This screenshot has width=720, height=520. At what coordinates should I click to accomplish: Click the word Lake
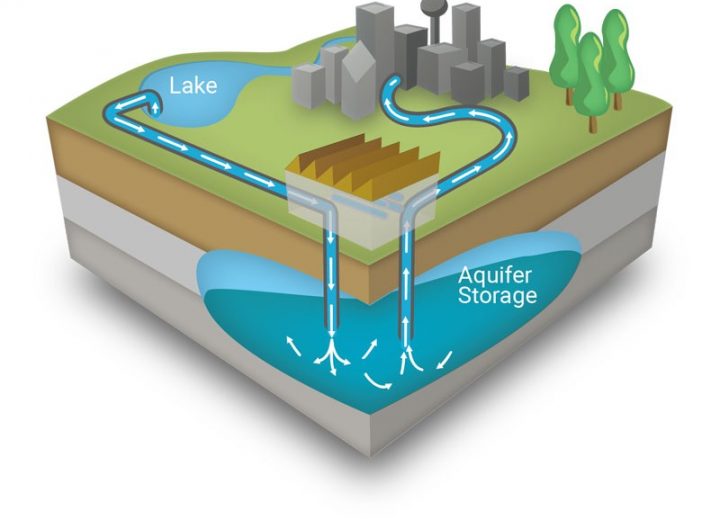[193, 85]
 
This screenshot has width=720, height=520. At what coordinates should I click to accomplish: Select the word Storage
[497, 295]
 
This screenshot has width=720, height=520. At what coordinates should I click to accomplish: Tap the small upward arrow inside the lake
[156, 107]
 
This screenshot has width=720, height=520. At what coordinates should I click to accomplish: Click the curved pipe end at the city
[393, 85]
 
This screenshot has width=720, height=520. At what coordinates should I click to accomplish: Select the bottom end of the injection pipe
[331, 332]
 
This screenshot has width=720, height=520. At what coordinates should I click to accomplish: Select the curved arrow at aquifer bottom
[377, 381]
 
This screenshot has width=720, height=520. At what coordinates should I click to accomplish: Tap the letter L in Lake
[174, 86]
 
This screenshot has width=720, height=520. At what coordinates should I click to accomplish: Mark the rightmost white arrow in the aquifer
[444, 360]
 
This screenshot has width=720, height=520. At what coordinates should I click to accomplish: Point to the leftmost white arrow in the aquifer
[294, 346]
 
